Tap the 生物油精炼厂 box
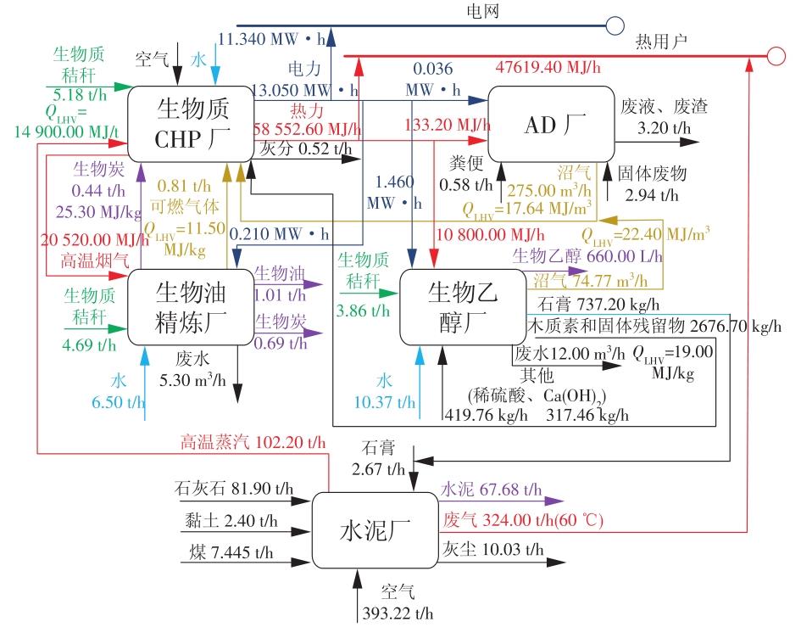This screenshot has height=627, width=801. pyautogui.click(x=192, y=306)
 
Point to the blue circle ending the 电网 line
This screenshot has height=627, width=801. pyautogui.click(x=615, y=25)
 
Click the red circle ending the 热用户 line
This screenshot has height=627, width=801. pyautogui.click(x=775, y=56)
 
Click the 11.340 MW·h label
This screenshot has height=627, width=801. pyautogui.click(x=270, y=38)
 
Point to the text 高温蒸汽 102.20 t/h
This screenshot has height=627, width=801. pyautogui.click(x=252, y=442)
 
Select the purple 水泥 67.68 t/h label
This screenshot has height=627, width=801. pyautogui.click(x=491, y=490)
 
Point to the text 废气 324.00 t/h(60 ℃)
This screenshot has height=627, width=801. pyautogui.click(x=523, y=519)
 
